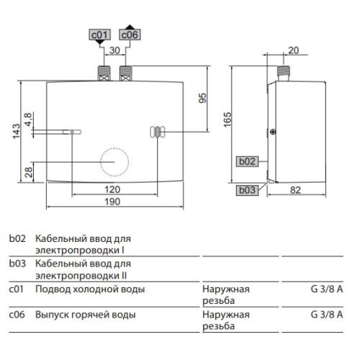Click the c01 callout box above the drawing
click(x=99, y=35)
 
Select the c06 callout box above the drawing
click(x=130, y=35)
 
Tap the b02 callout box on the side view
click(x=247, y=161)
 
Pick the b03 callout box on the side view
click(x=247, y=190)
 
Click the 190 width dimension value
click(x=112, y=202)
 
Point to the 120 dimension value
click(x=112, y=189)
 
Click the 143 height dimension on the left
click(x=17, y=132)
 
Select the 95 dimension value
click(x=202, y=98)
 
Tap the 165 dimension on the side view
click(x=227, y=120)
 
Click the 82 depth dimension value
click(x=295, y=190)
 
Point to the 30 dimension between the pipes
click(x=114, y=50)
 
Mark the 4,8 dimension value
click(x=28, y=120)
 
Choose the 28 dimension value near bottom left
click(x=29, y=172)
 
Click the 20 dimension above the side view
click(x=293, y=50)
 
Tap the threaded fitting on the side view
click(x=284, y=73)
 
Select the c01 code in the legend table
click(x=16, y=289)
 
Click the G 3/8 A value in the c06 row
click(x=327, y=315)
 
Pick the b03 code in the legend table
click(x=17, y=264)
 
